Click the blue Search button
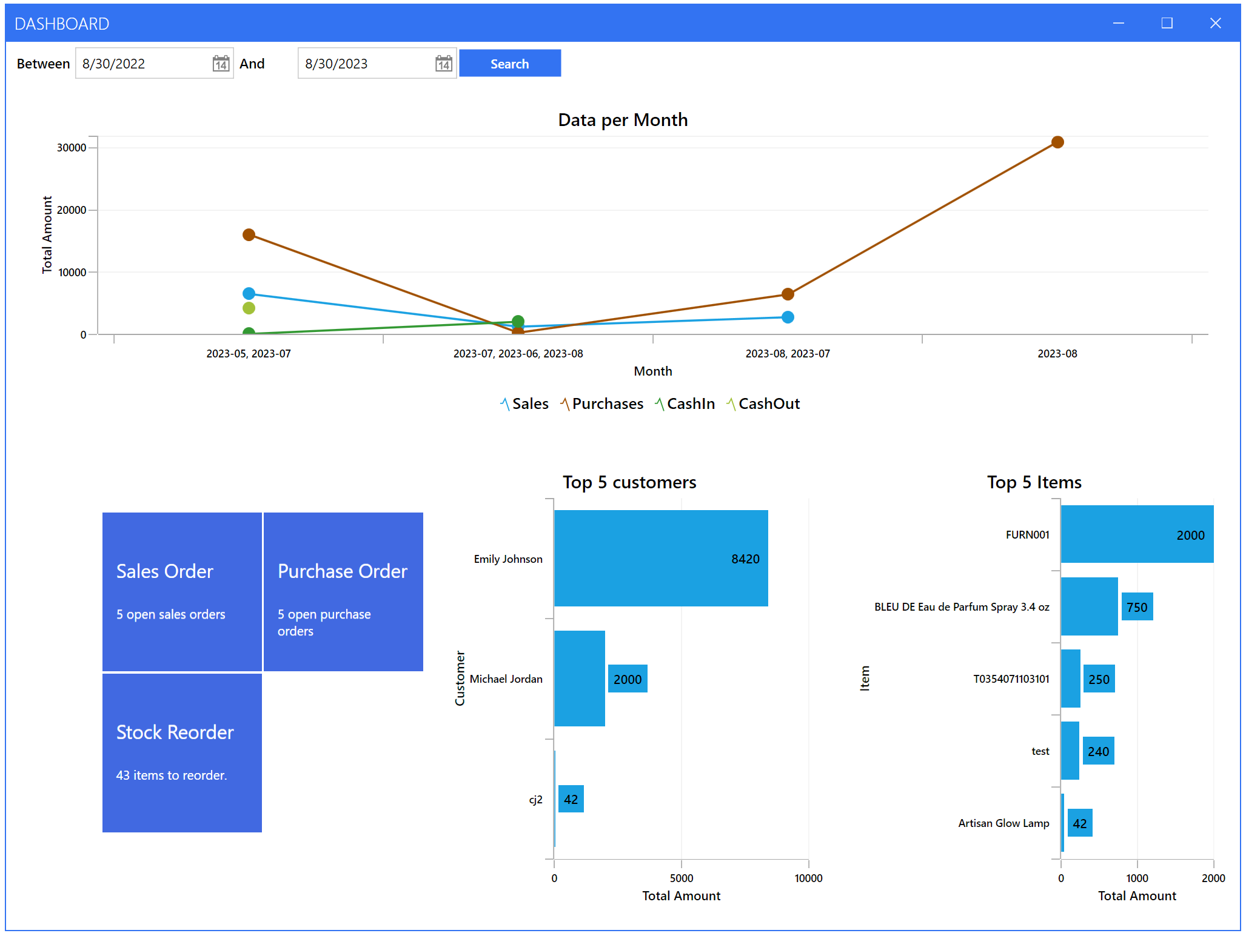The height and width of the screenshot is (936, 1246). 509,64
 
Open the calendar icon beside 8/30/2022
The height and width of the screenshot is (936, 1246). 221,64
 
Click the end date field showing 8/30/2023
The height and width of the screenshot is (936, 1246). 364,64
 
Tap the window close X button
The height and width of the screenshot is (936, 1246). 1215,23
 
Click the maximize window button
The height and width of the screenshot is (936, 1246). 1167,23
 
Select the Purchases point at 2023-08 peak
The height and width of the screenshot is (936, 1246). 1057,142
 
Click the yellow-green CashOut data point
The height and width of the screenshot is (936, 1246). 249,308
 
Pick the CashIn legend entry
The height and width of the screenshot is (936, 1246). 685,404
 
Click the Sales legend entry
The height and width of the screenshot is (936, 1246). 524,404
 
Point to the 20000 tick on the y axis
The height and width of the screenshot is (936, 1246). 72,210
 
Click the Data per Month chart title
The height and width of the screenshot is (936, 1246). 623,120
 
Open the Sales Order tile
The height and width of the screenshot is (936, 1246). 182,591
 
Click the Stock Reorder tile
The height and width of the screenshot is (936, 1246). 182,752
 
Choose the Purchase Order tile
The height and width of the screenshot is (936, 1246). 343,591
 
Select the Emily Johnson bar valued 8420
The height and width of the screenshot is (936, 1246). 660,558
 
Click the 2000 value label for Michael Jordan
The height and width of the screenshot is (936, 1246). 627,679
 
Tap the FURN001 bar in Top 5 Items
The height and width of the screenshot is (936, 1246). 1136,534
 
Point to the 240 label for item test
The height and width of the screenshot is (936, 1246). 1097,752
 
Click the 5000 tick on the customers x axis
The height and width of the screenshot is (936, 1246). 681,878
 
